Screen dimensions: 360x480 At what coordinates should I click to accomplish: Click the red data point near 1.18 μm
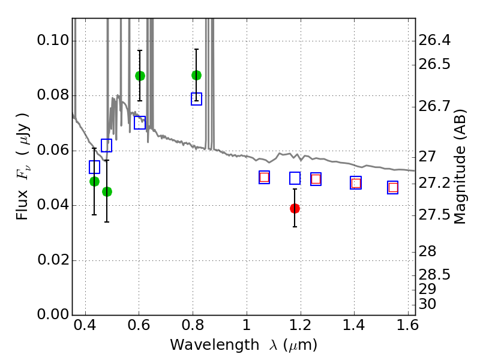tap(295, 208)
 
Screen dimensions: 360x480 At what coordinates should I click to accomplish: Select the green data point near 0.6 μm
tap(140, 76)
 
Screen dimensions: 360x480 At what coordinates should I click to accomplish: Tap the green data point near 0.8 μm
tap(196, 75)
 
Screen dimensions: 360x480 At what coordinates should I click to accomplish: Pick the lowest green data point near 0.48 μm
tap(107, 191)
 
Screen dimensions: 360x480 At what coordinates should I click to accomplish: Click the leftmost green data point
tap(94, 181)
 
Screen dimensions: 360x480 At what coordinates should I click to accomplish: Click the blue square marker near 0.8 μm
tap(196, 99)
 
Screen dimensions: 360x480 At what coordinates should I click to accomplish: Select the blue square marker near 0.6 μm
tap(140, 123)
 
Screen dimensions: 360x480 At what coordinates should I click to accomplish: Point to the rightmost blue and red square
tap(393, 187)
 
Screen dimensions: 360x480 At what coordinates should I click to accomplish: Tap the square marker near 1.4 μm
tap(356, 183)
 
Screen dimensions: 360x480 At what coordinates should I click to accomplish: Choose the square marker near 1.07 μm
tap(264, 177)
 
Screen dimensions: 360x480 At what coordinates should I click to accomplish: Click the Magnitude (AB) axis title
tap(460, 167)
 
